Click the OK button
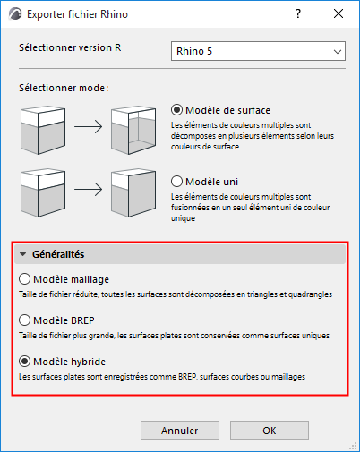tap(269, 430)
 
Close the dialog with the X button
tap(338, 15)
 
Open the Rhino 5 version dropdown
tap(257, 52)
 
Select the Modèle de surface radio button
tap(176, 109)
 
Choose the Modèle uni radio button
tap(176, 180)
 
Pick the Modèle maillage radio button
tap(25, 279)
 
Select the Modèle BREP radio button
tap(25, 320)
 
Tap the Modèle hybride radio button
tap(25, 362)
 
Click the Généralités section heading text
tap(61, 254)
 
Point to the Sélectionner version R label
tap(70, 47)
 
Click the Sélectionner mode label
tap(64, 88)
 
